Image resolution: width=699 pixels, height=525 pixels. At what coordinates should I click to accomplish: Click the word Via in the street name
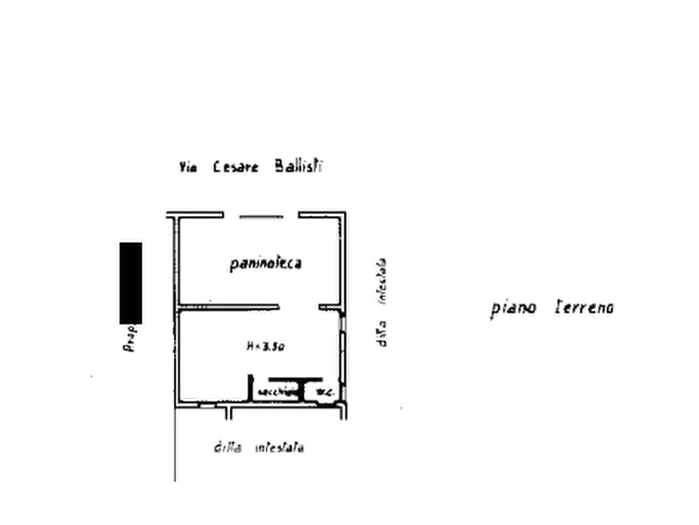(187, 168)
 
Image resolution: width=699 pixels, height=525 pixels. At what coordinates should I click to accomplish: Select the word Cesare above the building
(235, 168)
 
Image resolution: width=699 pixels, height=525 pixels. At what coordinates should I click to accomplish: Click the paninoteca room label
(266, 265)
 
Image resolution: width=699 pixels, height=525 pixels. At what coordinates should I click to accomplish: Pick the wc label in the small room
(323, 391)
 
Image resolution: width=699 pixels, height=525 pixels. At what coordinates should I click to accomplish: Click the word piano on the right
(513, 308)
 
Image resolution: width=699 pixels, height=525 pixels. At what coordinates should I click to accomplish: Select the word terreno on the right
(586, 308)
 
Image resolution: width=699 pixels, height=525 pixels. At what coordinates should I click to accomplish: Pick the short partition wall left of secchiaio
(249, 388)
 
